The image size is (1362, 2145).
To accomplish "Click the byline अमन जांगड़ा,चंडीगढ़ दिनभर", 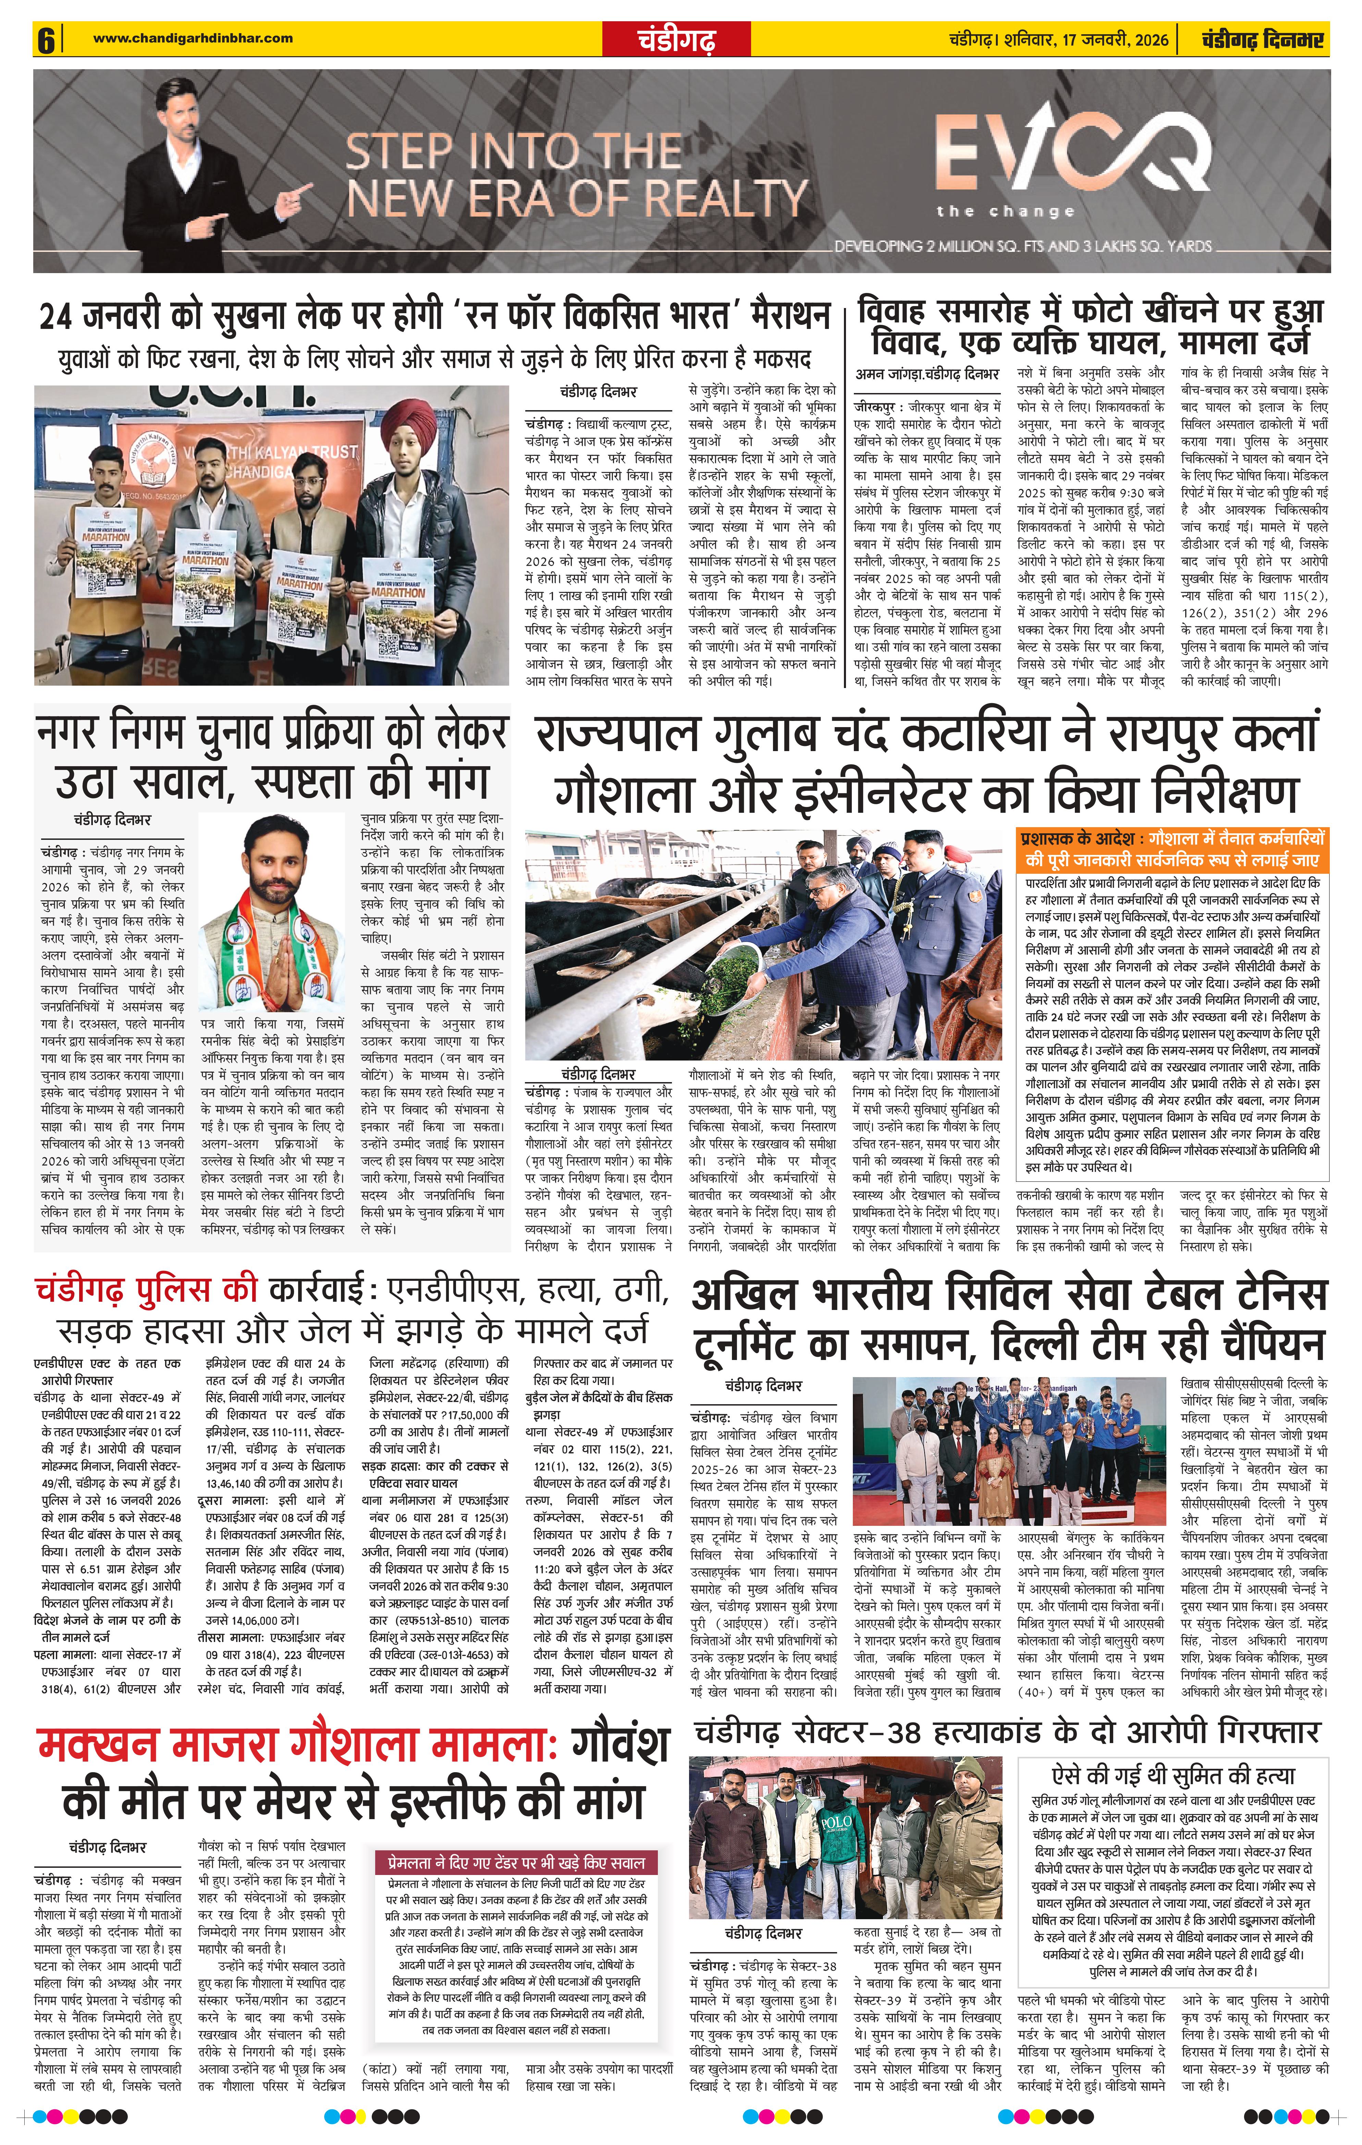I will (x=927, y=374).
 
